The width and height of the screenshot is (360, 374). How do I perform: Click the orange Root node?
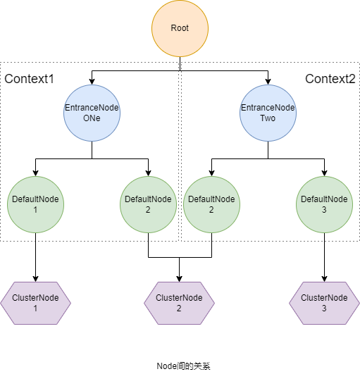click(x=180, y=28)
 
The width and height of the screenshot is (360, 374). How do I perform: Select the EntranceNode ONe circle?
click(x=92, y=113)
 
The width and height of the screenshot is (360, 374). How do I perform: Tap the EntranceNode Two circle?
click(x=268, y=113)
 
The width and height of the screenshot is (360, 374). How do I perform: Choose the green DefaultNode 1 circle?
click(x=35, y=205)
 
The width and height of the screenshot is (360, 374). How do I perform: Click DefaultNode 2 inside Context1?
click(x=148, y=205)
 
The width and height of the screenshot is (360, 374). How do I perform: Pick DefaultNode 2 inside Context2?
click(x=211, y=205)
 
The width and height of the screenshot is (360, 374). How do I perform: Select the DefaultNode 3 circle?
click(x=324, y=205)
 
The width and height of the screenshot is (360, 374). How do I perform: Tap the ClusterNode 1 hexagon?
click(x=35, y=303)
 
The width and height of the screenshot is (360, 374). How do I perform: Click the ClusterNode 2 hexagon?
click(x=179, y=303)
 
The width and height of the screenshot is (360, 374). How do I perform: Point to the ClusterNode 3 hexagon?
click(x=324, y=303)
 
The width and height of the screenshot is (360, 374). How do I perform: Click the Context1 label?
click(x=29, y=79)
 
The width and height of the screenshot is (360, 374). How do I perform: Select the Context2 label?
click(x=330, y=79)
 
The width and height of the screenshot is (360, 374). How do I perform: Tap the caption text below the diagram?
click(x=183, y=366)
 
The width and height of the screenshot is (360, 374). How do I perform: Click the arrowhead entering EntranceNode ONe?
click(x=92, y=82)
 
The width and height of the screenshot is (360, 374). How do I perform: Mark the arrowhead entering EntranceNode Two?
click(x=268, y=82)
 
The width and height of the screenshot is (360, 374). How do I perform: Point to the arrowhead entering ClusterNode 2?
click(x=179, y=279)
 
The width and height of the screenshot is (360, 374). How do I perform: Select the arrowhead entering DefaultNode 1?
click(x=35, y=173)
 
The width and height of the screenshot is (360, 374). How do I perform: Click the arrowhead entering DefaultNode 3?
click(x=324, y=173)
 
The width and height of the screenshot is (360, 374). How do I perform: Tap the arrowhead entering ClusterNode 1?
click(x=35, y=279)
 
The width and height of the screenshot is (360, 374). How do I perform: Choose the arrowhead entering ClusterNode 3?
click(x=324, y=279)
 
